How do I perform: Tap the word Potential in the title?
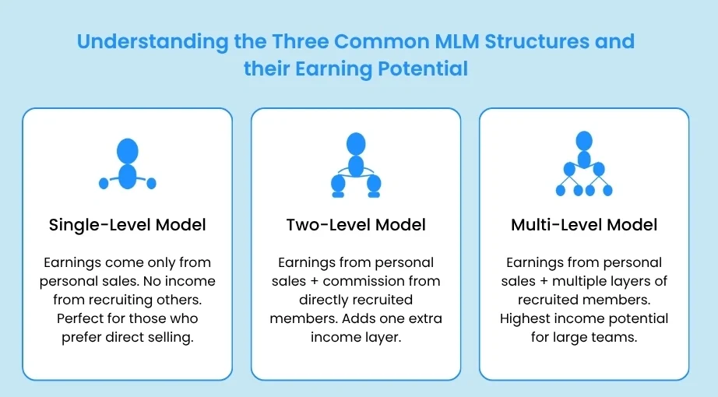coord(423,69)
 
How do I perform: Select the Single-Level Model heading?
coord(127,225)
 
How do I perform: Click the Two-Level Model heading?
coord(356,225)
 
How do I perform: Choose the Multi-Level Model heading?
coord(584,225)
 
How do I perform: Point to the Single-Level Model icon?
coord(127,164)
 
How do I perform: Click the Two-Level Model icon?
coord(356,164)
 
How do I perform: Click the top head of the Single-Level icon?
coord(127,149)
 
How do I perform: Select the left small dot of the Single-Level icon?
coord(104,184)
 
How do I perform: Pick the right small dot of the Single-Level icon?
coord(151,184)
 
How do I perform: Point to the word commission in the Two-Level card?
coord(400,280)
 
